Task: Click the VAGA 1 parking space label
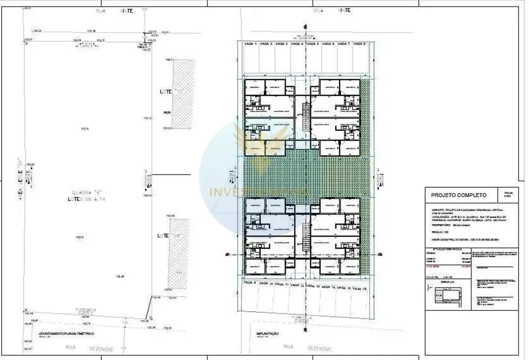tap(252, 43)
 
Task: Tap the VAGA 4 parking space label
tap(298, 43)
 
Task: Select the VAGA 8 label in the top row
tap(360, 43)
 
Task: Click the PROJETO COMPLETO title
tap(459, 195)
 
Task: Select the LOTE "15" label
tap(170, 90)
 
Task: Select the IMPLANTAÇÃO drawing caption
tap(267, 334)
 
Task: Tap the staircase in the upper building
tap(303, 119)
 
